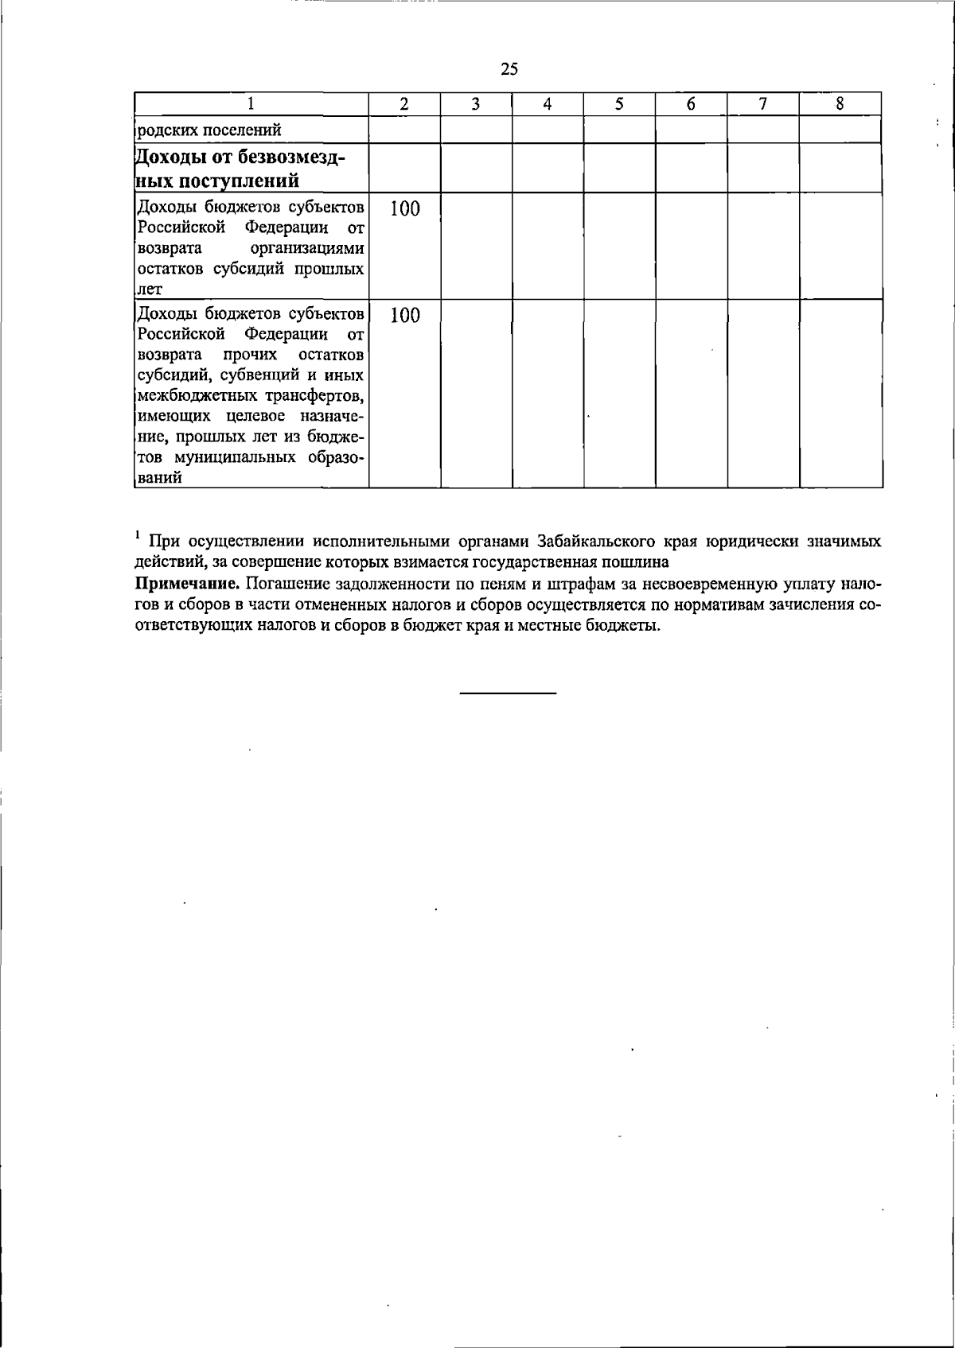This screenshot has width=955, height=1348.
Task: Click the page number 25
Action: point(509,69)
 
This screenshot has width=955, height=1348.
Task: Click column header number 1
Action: point(251,103)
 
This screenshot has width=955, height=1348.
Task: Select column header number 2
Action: point(404,103)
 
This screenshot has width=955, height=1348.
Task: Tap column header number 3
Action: point(475,103)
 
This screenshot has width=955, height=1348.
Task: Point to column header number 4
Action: point(548,103)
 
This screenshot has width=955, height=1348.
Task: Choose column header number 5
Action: point(619,103)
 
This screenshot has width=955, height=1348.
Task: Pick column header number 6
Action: point(691,103)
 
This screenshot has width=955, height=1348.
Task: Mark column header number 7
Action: point(762,103)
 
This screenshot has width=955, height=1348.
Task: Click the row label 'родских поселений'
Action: point(209,130)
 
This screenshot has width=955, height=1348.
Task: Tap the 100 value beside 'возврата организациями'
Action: point(404,209)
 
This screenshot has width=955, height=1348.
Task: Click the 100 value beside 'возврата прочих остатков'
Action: point(404,316)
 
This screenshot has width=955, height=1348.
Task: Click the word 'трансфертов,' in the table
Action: point(317,395)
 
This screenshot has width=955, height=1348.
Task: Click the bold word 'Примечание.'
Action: point(188,584)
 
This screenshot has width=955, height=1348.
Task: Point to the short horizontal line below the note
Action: point(508,694)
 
